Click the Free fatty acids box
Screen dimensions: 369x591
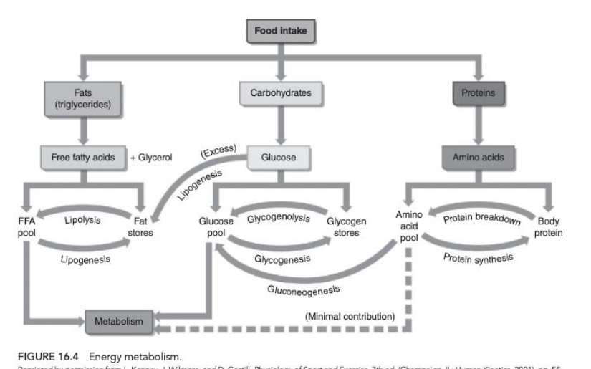pos(83,156)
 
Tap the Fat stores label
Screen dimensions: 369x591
pos(141,227)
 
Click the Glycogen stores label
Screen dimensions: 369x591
pos(347,227)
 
